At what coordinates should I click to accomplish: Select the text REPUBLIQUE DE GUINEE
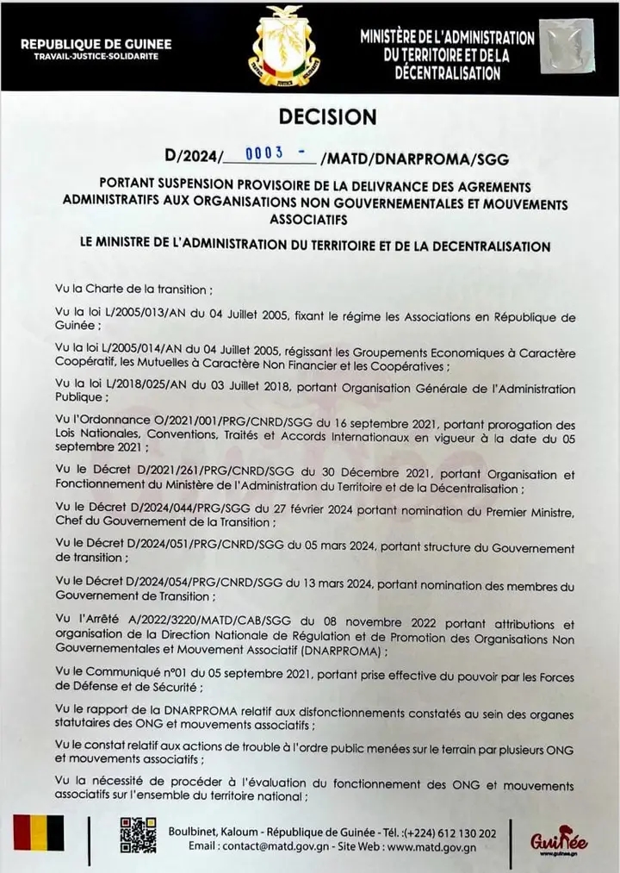coord(96,44)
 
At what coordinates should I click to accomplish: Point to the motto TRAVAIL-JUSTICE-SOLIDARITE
coord(96,56)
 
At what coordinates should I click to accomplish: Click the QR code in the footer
coord(138,833)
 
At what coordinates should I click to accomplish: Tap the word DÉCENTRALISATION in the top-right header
coord(447,73)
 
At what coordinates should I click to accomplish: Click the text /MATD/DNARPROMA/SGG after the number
coord(413,159)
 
